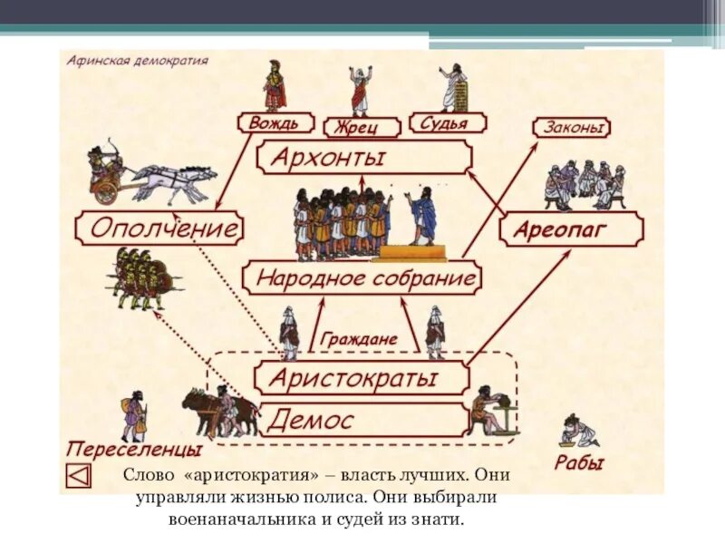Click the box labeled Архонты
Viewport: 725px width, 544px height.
click(362, 157)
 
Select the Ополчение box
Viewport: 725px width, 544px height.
click(160, 227)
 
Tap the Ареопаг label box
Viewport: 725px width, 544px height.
click(571, 229)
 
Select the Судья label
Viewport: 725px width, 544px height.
click(447, 122)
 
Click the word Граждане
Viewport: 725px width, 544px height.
click(359, 339)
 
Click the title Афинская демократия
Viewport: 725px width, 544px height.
click(137, 61)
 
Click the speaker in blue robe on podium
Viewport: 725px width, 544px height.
click(420, 216)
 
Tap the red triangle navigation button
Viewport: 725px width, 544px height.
click(80, 475)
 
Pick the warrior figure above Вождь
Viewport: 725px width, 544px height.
click(275, 85)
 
